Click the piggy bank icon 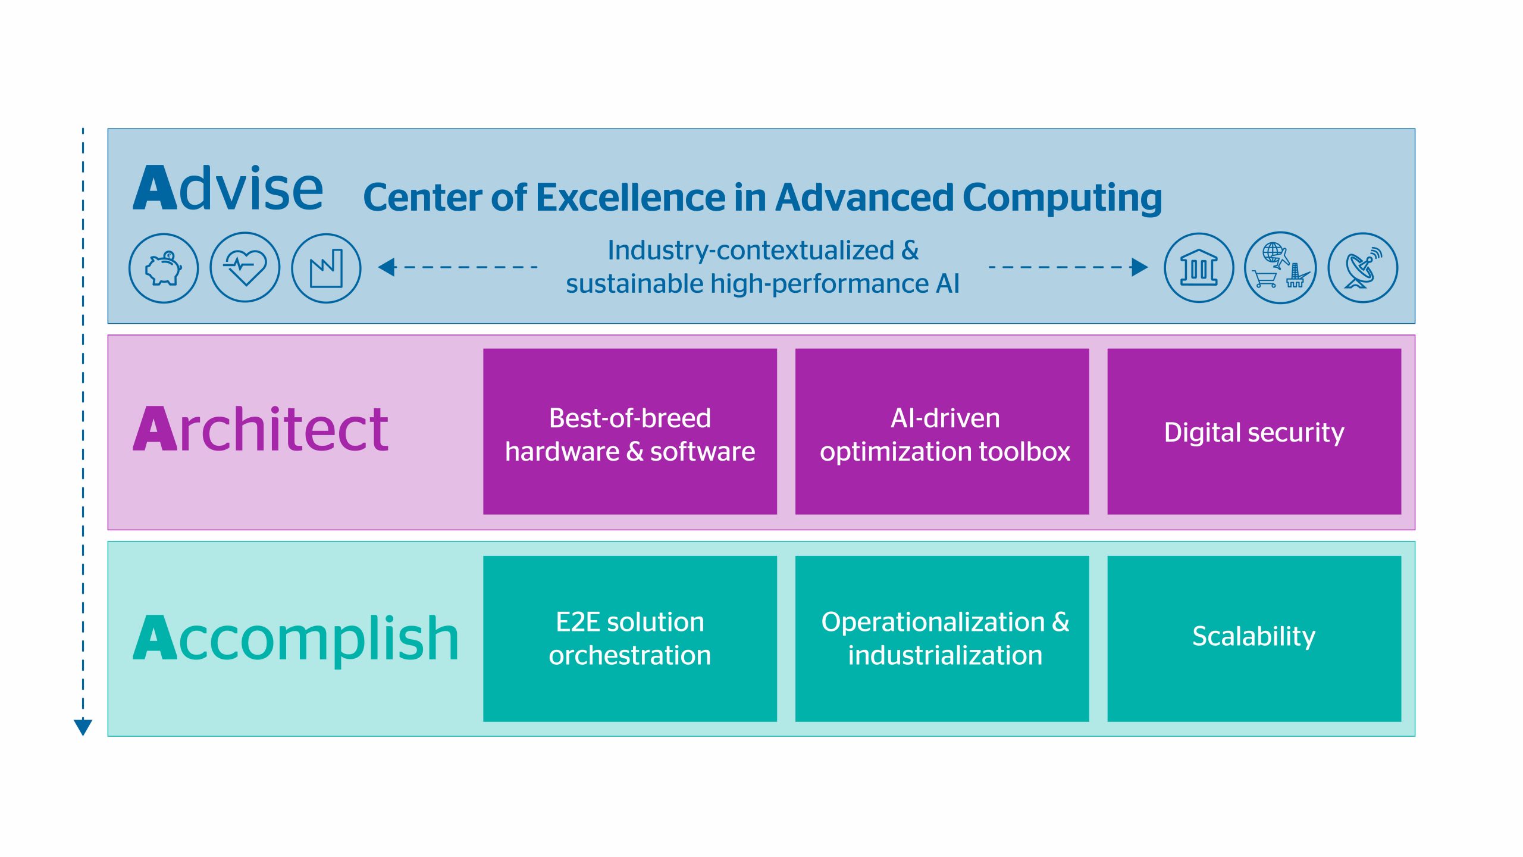coord(164,268)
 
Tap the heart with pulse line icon coord(245,267)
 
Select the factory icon coord(326,268)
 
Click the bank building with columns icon coord(1199,268)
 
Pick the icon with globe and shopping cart coord(1280,268)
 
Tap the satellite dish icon coord(1362,268)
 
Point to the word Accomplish coord(296,638)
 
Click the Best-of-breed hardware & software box coord(630,431)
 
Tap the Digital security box coord(1254,431)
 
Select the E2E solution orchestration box coord(630,639)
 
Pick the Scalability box coord(1254,639)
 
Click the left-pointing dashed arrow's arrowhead coord(387,267)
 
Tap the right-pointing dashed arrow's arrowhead coord(1139,267)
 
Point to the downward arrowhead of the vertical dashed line coord(83,727)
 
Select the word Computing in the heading coord(1062,199)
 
